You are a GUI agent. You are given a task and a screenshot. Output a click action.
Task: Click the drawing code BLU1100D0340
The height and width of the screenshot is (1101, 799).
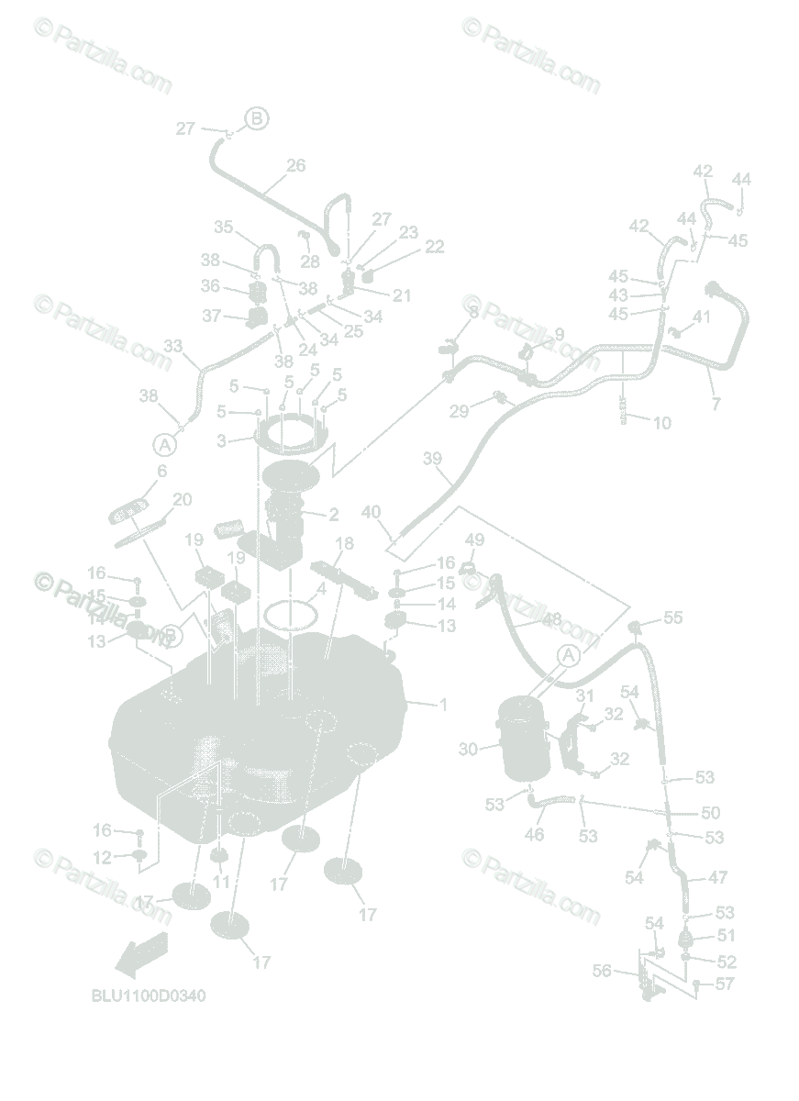tap(148, 995)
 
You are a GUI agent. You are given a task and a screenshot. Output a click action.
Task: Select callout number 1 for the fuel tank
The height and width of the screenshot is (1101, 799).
tap(443, 705)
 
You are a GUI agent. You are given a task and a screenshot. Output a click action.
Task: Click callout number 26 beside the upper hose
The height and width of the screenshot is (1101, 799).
tap(295, 166)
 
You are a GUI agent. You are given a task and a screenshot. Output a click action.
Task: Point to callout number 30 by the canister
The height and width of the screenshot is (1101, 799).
tap(468, 749)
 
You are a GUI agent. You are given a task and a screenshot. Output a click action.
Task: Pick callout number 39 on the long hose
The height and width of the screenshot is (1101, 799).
tap(432, 458)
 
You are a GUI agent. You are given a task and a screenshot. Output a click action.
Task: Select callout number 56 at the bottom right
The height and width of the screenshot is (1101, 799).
tap(601, 971)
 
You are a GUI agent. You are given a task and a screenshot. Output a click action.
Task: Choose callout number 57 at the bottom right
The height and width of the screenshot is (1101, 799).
tap(725, 984)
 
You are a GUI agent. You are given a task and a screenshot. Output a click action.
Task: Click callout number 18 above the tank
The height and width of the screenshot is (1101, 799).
tap(345, 543)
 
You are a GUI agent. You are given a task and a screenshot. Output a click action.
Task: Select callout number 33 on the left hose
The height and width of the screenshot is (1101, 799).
tap(173, 347)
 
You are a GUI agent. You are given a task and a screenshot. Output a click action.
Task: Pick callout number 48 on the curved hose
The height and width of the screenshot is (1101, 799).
tap(551, 620)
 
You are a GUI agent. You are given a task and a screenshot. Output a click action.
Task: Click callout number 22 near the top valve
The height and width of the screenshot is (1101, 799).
tap(435, 247)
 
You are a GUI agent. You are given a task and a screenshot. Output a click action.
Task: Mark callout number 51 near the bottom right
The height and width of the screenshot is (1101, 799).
tap(727, 936)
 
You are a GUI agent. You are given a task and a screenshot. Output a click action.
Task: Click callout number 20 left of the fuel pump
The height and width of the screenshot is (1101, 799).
tap(183, 499)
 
